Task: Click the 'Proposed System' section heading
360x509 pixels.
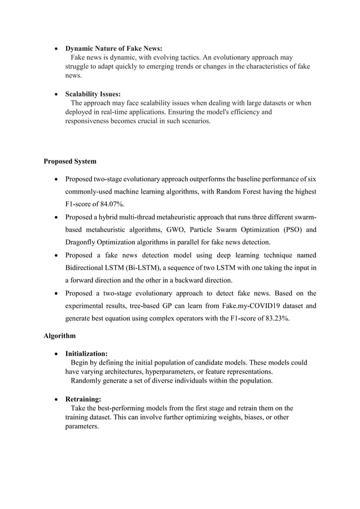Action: (x=70, y=161)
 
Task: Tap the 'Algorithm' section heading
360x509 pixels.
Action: (x=60, y=336)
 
